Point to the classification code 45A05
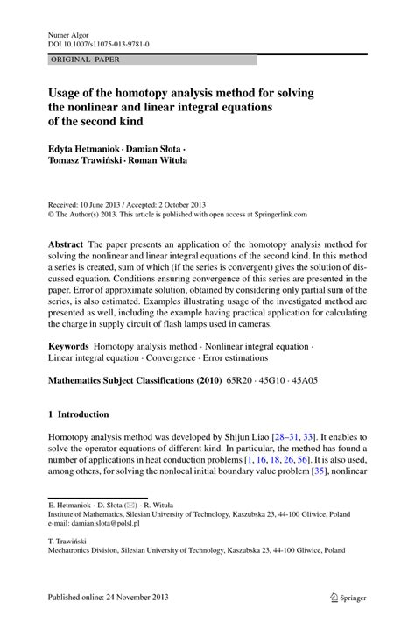pos(331,383)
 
